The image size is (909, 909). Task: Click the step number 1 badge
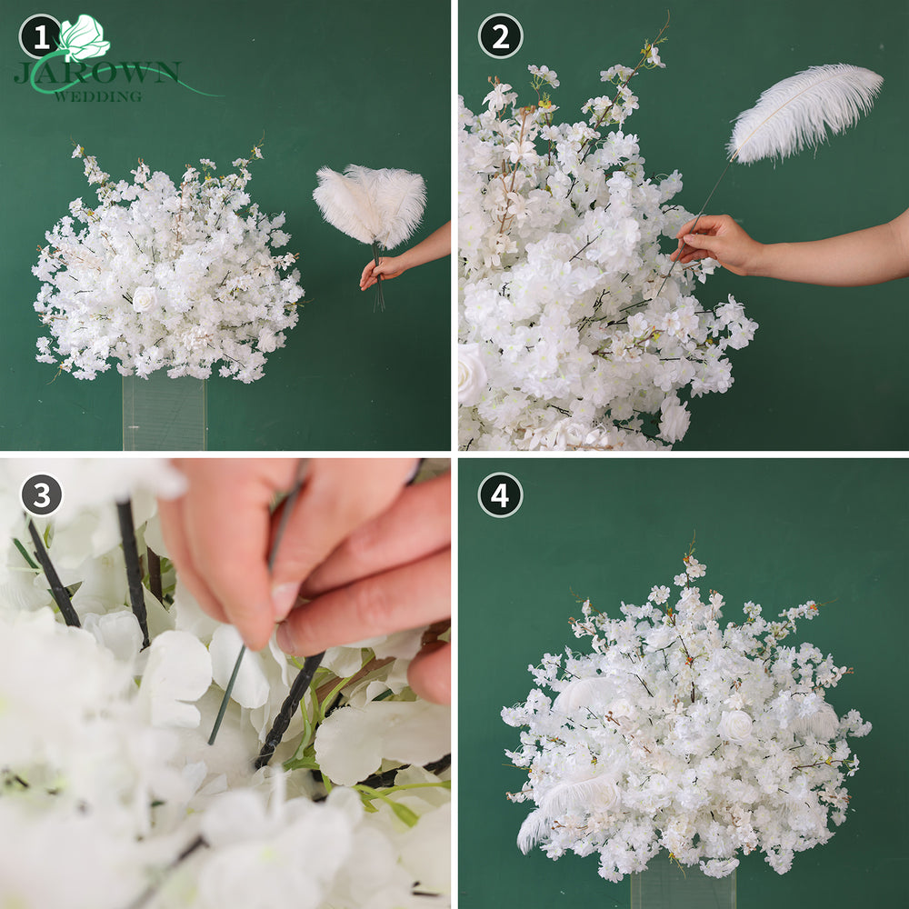(x=40, y=37)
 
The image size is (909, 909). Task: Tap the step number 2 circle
(x=500, y=36)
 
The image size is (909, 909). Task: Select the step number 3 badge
(x=42, y=495)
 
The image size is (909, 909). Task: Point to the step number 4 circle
(x=500, y=495)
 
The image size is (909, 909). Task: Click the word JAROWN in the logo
(x=97, y=73)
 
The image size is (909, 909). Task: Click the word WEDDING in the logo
(x=98, y=96)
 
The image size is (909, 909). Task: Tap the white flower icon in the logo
(x=84, y=37)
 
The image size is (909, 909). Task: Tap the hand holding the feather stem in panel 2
(x=716, y=244)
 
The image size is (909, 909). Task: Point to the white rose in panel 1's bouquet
(x=145, y=299)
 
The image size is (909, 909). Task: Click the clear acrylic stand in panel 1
(x=165, y=412)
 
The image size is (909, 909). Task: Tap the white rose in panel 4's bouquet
(x=735, y=726)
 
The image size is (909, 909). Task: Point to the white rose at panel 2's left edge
(x=471, y=374)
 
